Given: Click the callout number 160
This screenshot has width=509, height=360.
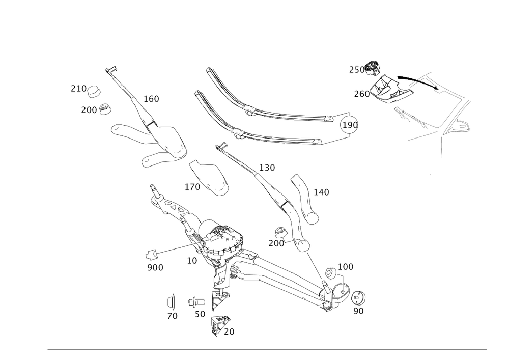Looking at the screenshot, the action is tap(151, 99).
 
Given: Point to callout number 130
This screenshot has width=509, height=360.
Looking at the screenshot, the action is tap(267, 168).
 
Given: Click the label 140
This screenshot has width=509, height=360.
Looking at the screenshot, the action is tap(321, 192).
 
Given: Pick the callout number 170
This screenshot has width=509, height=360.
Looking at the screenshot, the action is tap(192, 187).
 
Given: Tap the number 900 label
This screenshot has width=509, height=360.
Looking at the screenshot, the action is tap(155, 267).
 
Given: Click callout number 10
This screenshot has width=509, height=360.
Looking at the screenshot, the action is tap(191, 260).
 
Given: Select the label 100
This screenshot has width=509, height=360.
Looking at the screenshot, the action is tap(346, 267).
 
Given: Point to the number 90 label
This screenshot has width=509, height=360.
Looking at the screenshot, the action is tap(358, 311).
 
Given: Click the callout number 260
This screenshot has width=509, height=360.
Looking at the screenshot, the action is tap(361, 94).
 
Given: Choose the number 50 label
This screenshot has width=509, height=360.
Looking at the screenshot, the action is tap(200, 315).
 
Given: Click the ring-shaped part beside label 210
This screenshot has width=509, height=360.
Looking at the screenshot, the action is tap(94, 92).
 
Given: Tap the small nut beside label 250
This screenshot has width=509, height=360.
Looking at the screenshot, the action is tap(374, 66).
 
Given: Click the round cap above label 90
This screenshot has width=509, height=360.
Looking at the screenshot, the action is tap(359, 298).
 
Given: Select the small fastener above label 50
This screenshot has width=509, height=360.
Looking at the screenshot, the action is tap(194, 301).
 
